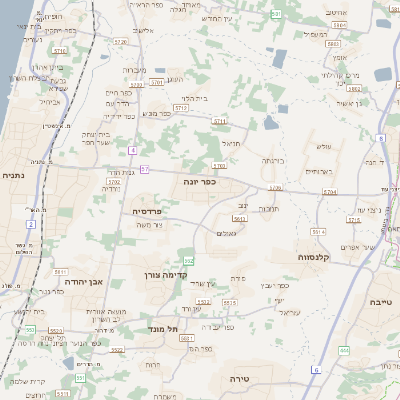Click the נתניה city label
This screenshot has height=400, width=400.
coord(14,175)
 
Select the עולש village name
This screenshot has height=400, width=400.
coord(322,147)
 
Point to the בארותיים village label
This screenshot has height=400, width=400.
coord(319,171)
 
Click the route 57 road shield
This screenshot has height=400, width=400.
coord(145,169)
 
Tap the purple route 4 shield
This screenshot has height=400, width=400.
coord(132,150)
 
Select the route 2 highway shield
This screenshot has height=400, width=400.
coord(31,225)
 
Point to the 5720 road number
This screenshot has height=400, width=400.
coord(120,42)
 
